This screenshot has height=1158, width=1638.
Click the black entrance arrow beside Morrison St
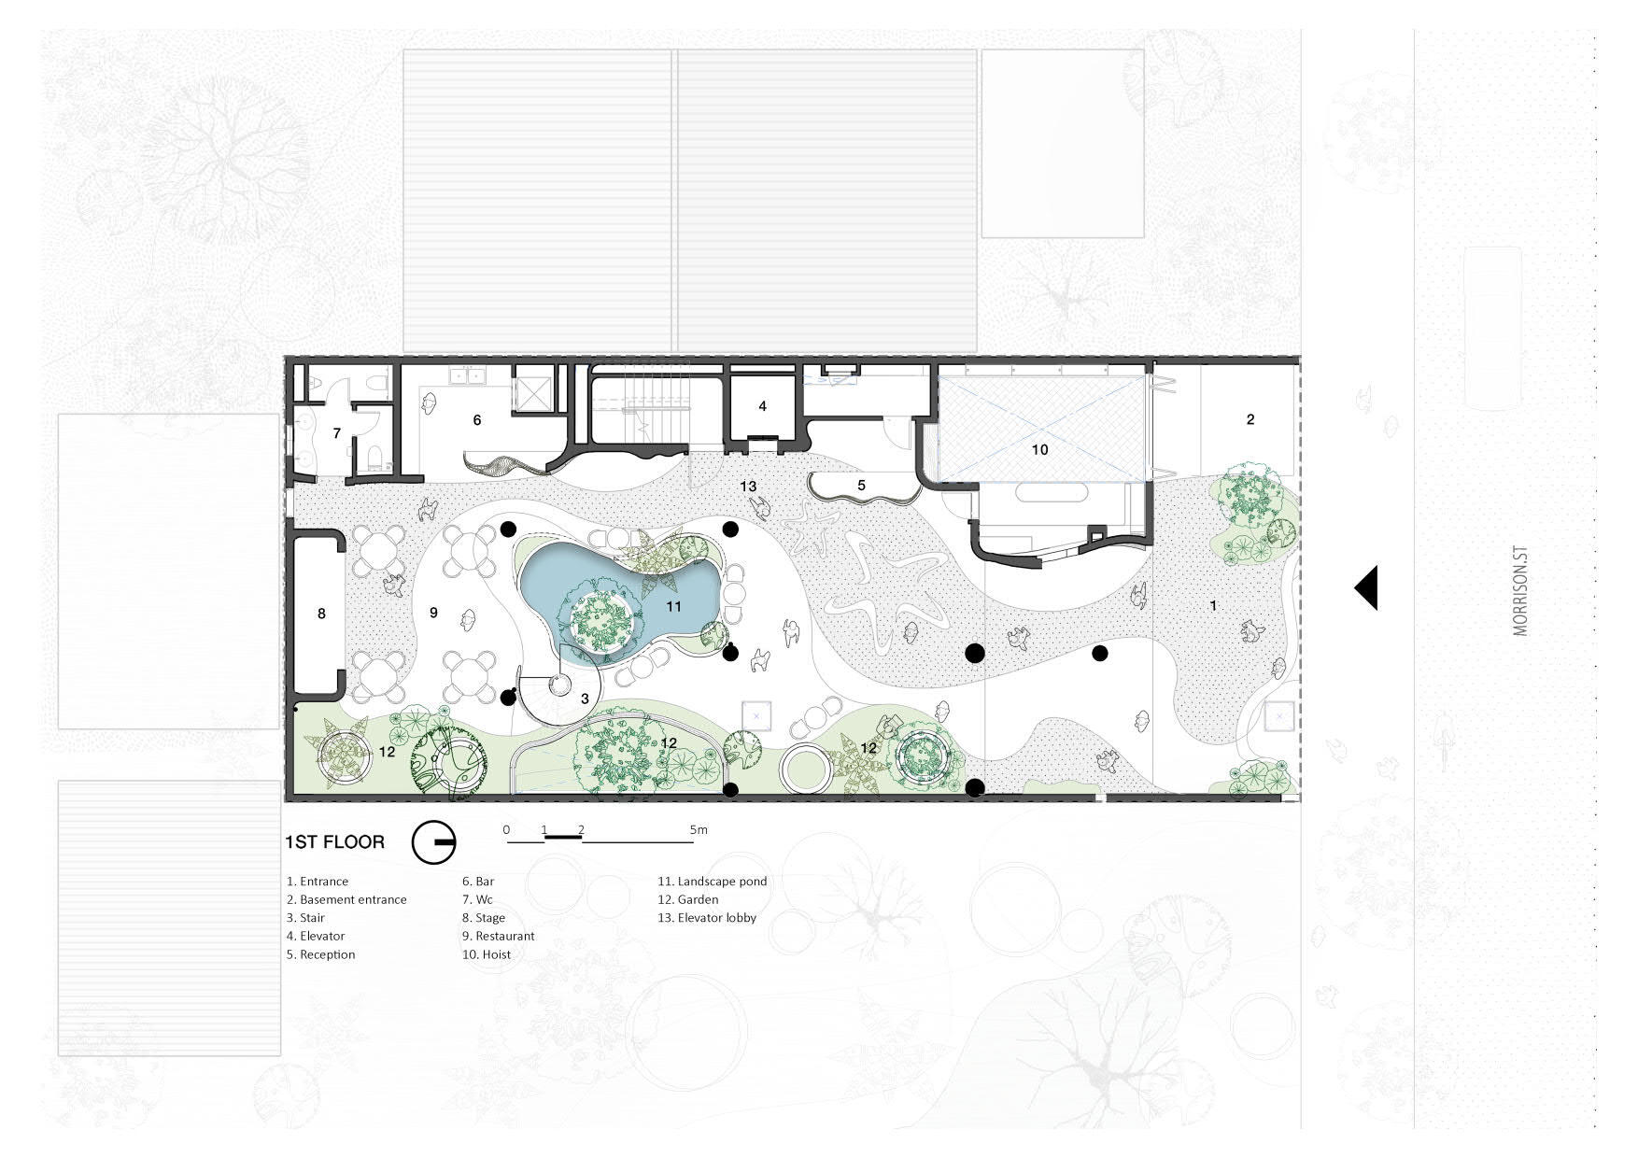[1368, 588]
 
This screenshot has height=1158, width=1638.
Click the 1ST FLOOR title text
[334, 841]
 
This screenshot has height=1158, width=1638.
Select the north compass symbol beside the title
[433, 842]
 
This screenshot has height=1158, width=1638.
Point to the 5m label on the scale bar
[699, 829]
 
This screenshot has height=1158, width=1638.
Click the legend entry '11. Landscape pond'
[712, 881]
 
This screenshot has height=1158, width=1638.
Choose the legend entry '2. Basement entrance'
[346, 899]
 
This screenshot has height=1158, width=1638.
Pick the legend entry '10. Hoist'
[486, 954]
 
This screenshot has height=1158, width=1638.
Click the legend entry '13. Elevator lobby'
[707, 917]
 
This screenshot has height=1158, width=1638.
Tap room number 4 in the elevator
[763, 406]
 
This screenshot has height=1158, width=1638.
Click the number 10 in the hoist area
[1039, 449]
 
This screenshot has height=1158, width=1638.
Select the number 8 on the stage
[321, 614]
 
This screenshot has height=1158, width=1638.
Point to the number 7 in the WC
[337, 433]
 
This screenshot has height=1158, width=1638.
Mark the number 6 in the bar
[477, 420]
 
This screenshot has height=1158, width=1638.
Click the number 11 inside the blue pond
[672, 606]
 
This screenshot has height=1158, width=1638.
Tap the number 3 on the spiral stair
[585, 699]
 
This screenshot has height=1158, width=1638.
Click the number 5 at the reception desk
[862, 486]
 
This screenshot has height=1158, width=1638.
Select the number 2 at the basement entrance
[1250, 419]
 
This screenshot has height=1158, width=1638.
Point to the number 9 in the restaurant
[433, 613]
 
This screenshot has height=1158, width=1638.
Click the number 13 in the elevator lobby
[748, 487]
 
